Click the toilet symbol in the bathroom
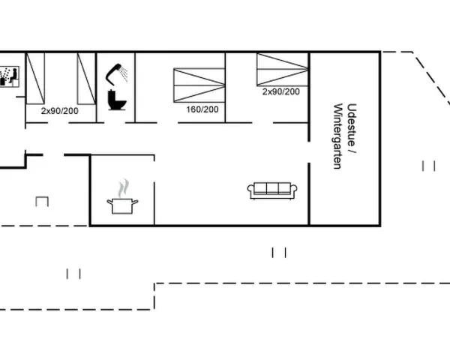[x=117, y=100]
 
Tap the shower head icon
[x=114, y=74]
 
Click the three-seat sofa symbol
[x=272, y=190]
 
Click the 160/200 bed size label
[x=202, y=109]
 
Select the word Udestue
[x=352, y=125]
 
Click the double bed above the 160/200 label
[x=199, y=85]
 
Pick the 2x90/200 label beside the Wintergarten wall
[x=281, y=91]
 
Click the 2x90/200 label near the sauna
[x=60, y=111]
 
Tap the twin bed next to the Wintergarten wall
[x=283, y=69]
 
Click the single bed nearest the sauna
[x=35, y=78]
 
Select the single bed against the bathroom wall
[x=86, y=79]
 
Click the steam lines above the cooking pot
[x=124, y=187]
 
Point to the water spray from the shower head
[x=124, y=73]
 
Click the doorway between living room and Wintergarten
[x=309, y=152]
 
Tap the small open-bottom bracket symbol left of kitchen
[x=42, y=201]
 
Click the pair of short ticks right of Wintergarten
[x=429, y=166]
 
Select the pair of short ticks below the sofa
[x=279, y=253]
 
